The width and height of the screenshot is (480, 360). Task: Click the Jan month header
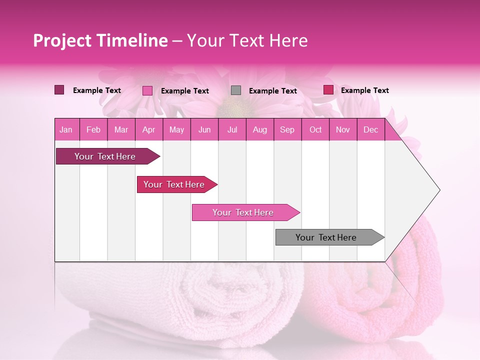pyautogui.click(x=66, y=130)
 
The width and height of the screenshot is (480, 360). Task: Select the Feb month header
pyautogui.click(x=93, y=130)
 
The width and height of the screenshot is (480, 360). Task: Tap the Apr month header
pyautogui.click(x=148, y=130)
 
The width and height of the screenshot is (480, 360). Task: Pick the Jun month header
pyautogui.click(x=204, y=130)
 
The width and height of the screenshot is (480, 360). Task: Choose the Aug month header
pyautogui.click(x=259, y=130)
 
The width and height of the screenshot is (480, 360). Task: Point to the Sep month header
pyautogui.click(x=287, y=130)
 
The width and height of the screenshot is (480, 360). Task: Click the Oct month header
pyautogui.click(x=315, y=130)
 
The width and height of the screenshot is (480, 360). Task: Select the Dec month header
pyautogui.click(x=370, y=130)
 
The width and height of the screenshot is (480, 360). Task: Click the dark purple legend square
pyautogui.click(x=59, y=90)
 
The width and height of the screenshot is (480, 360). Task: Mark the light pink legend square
pyautogui.click(x=147, y=90)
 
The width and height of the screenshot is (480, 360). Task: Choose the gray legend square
pyautogui.click(x=236, y=90)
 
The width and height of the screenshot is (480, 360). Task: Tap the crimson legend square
pyautogui.click(x=328, y=90)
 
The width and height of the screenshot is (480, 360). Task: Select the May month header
pyautogui.click(x=176, y=130)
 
